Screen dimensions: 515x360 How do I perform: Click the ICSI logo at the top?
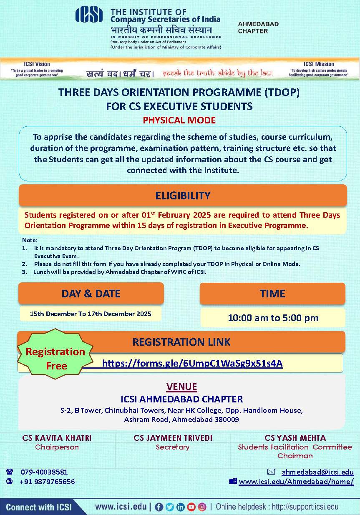(89, 15)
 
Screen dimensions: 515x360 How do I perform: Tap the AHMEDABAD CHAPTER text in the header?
(258, 28)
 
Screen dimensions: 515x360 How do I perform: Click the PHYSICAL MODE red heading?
(179, 120)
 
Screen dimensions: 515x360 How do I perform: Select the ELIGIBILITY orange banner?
(183, 196)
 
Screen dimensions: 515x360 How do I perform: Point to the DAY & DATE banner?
(91, 294)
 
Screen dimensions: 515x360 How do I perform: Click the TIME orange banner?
(272, 294)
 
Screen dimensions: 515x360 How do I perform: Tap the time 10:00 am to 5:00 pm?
(273, 318)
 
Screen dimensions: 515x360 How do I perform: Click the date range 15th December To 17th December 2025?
(91, 314)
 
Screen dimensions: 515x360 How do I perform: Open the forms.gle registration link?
(192, 363)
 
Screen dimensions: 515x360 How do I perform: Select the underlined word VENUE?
(182, 387)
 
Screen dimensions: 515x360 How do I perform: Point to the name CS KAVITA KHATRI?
(57, 438)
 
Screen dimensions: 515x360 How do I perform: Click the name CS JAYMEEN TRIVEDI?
(173, 438)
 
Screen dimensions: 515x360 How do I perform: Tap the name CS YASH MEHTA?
(295, 438)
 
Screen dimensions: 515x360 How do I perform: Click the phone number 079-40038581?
(44, 472)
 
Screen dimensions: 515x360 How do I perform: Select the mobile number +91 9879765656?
(47, 482)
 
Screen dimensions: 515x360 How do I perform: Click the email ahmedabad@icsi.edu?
(317, 472)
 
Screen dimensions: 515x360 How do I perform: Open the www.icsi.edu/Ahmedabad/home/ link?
(296, 482)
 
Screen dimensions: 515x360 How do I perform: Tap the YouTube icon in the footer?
(191, 507)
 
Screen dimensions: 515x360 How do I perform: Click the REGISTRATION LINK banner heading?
(181, 342)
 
